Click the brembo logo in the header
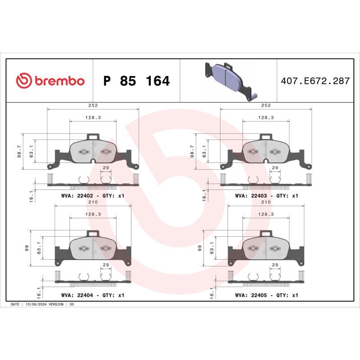[50, 81]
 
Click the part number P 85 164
[136, 81]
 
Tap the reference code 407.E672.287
[315, 81]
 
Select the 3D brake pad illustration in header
[228, 79]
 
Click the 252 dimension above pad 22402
[93, 105]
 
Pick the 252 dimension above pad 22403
[266, 105]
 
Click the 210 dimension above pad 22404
[93, 202]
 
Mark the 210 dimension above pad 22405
[266, 202]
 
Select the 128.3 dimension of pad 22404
[93, 215]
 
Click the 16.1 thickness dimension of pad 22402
[30, 195]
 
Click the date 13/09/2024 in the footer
[41, 305]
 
